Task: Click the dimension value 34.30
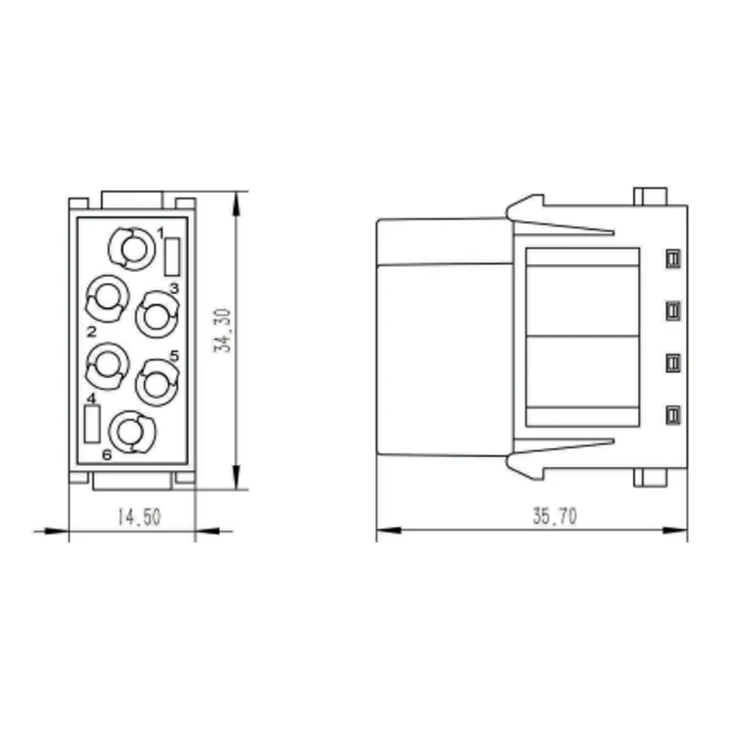point(222,331)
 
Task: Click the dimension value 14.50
point(139,517)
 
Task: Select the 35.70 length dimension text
point(555,516)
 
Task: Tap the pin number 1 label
point(160,233)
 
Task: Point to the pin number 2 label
point(92,332)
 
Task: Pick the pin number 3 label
point(174,288)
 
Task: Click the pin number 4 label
point(91,399)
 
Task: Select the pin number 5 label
point(174,356)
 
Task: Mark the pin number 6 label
point(107,454)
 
